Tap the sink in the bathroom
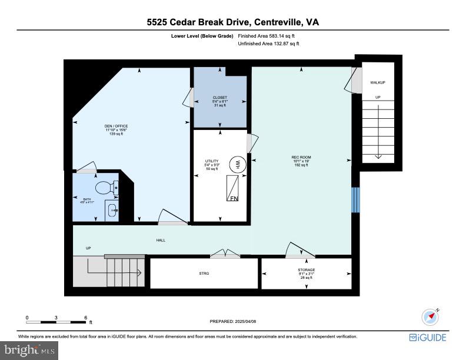pyautogui.click(x=112, y=209)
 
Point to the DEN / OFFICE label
pyautogui.click(x=116, y=126)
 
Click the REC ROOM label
pyautogui.click(x=301, y=157)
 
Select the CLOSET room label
pyautogui.click(x=219, y=98)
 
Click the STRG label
pyautogui.click(x=204, y=274)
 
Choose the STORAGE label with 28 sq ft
pyautogui.click(x=306, y=270)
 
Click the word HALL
pyautogui.click(x=160, y=241)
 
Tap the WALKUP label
pyautogui.click(x=378, y=82)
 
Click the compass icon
pyautogui.click(x=431, y=316)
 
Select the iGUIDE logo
pyautogui.click(x=428, y=337)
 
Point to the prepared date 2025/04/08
pyautogui.click(x=233, y=321)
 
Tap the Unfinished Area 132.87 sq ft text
pyautogui.click(x=268, y=44)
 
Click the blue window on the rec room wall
pyautogui.click(x=354, y=200)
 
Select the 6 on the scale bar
pyautogui.click(x=86, y=317)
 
